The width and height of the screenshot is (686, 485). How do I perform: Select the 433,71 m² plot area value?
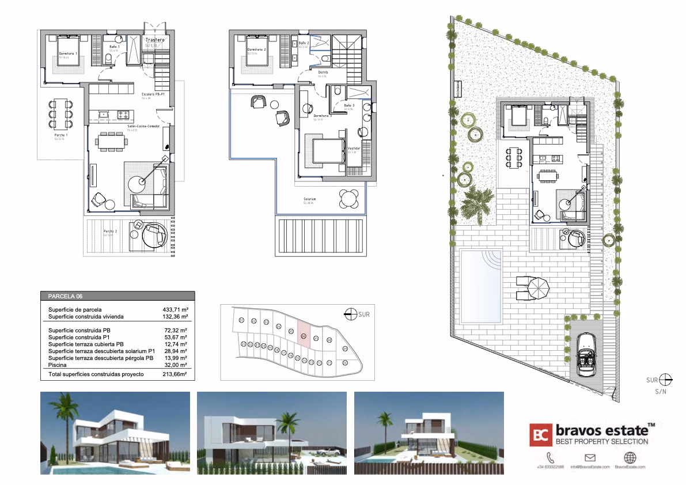[x=176, y=309]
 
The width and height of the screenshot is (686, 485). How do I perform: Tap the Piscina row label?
[x=59, y=365]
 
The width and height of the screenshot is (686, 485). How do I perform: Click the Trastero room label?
[x=154, y=40]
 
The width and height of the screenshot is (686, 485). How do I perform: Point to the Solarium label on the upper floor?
[x=310, y=199]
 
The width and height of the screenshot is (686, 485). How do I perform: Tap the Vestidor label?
[x=354, y=148]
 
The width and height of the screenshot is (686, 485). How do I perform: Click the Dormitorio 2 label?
[x=256, y=50]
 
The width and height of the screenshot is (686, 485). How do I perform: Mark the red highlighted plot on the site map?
[x=305, y=335]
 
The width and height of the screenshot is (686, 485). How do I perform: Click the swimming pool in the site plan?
[x=481, y=271]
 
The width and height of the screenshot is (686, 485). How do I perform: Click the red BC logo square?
[x=541, y=435]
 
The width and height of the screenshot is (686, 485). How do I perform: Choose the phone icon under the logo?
[x=549, y=458]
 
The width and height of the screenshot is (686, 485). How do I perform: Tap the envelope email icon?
[x=589, y=458]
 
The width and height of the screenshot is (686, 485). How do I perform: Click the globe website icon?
[x=630, y=458]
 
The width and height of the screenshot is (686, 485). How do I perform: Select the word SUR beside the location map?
[x=363, y=315]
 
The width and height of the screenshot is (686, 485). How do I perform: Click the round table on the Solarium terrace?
[x=348, y=199]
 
